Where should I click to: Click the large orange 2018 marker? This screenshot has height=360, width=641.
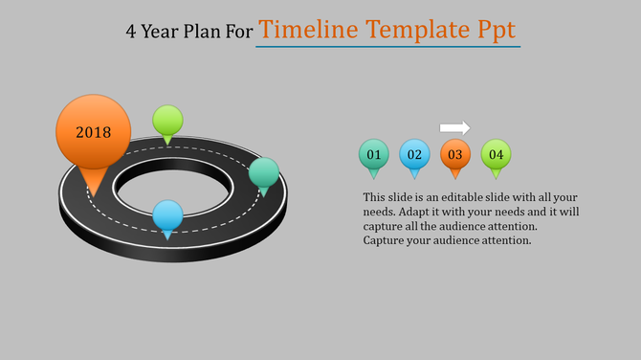(94, 132)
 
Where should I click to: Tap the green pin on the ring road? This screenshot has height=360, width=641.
(167, 121)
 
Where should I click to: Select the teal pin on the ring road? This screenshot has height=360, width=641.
(264, 173)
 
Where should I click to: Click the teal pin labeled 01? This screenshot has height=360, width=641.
(373, 154)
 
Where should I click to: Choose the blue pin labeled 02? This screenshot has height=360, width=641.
(414, 154)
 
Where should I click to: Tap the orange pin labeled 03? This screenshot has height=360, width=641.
(454, 154)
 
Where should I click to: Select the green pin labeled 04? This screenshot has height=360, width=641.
(496, 154)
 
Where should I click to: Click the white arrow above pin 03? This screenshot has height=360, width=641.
(454, 127)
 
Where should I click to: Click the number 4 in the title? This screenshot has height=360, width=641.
(131, 31)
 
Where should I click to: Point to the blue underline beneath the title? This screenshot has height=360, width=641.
(388, 46)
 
